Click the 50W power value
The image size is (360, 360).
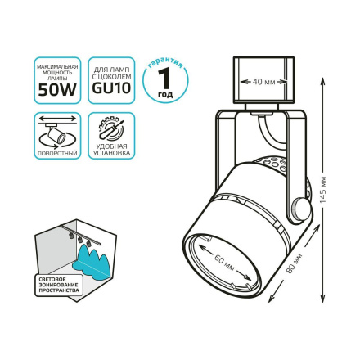click(57, 91)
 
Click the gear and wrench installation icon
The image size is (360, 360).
click(110, 128)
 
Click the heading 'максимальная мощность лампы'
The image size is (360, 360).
click(57, 70)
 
